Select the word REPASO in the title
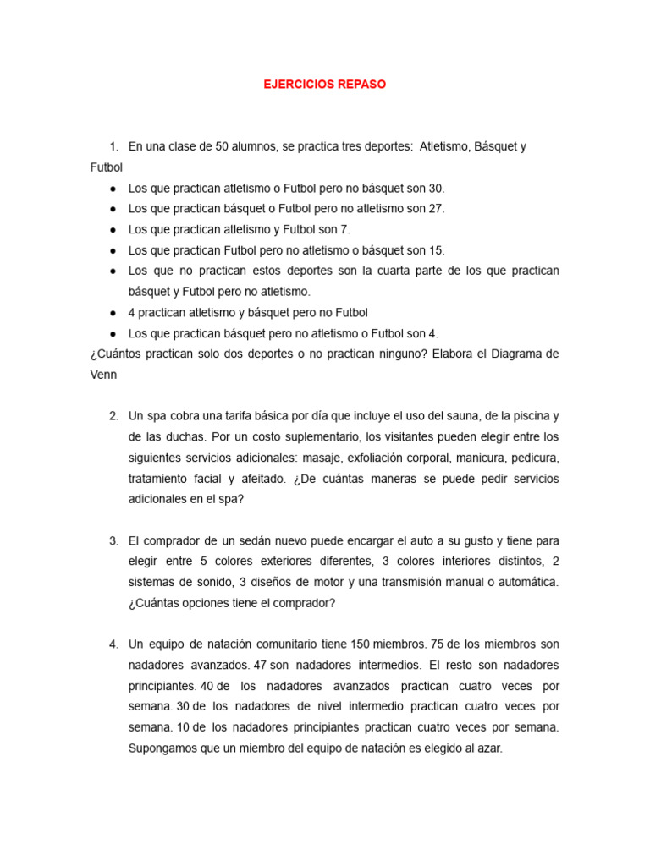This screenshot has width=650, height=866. (361, 85)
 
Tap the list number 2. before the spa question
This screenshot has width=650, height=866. (113, 416)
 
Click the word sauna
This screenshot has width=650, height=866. (455, 416)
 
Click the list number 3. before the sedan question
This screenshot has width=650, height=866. (113, 540)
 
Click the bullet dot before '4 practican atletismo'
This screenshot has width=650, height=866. (112, 313)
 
